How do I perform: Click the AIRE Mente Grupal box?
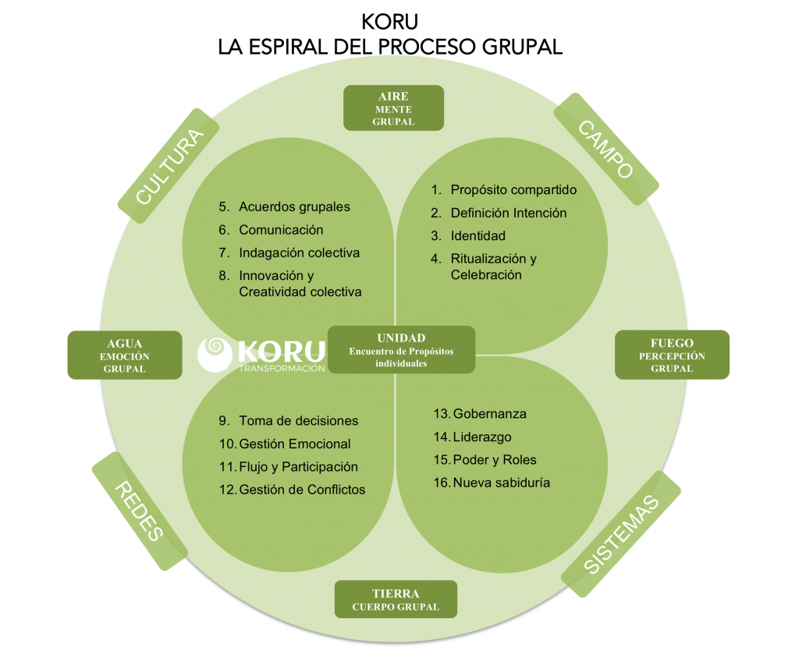point(393,108)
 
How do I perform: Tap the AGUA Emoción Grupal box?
point(125,356)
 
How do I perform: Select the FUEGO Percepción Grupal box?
point(672,355)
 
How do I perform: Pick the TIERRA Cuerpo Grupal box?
point(396,600)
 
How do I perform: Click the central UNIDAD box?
point(401,350)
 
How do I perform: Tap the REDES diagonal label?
point(140,511)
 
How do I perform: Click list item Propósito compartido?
point(513,189)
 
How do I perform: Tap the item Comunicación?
point(281,230)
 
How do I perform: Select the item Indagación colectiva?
point(299,253)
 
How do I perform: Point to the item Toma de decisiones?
point(298,420)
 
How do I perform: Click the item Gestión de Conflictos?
point(302,490)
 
